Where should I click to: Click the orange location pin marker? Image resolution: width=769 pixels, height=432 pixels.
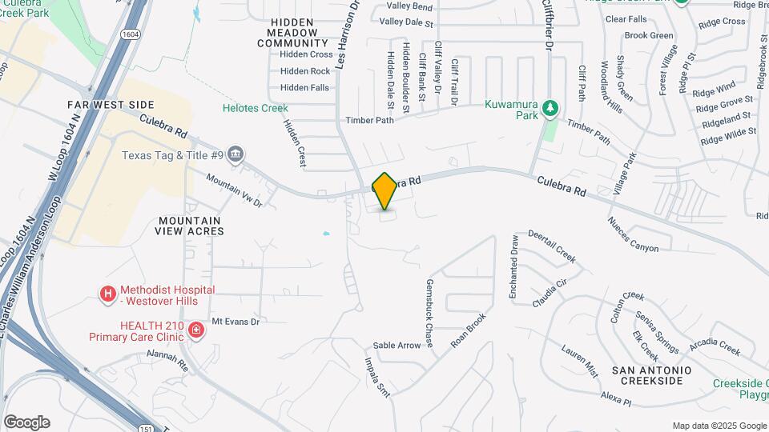point(384,191)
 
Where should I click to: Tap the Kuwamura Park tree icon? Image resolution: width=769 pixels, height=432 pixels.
point(550,107)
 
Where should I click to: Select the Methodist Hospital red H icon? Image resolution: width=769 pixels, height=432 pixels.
point(108,294)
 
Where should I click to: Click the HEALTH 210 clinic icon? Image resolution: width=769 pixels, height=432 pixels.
point(195,330)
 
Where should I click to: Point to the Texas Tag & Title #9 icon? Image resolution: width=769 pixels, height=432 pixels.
point(236,154)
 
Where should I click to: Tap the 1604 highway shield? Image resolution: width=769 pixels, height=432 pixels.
point(131,34)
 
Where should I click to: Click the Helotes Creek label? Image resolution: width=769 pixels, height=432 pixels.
point(256,108)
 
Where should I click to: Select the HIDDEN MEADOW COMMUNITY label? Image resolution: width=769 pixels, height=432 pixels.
point(293,36)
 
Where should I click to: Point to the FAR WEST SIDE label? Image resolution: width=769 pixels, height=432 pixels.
point(111,105)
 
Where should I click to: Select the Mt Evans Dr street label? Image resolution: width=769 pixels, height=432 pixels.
point(236,322)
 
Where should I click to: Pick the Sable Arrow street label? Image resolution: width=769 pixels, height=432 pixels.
point(397,346)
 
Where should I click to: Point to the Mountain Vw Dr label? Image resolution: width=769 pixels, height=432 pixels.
point(234,189)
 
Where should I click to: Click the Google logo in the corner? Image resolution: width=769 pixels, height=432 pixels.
point(26,422)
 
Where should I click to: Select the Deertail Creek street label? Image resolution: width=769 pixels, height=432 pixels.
point(552,246)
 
